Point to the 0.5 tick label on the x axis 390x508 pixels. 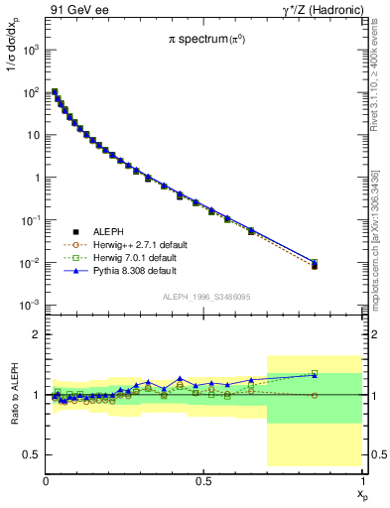204,480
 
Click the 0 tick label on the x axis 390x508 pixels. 46,480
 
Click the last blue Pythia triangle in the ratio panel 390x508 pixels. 315,375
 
